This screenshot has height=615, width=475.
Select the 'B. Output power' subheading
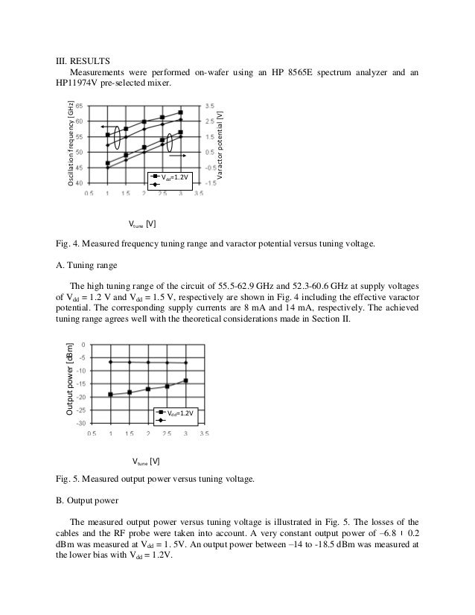click(x=89, y=500)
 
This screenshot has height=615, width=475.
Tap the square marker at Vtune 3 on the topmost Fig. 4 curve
click(x=181, y=112)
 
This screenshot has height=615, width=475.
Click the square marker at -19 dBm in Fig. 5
click(x=110, y=394)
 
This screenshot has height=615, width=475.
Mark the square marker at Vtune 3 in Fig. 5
click(x=185, y=380)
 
